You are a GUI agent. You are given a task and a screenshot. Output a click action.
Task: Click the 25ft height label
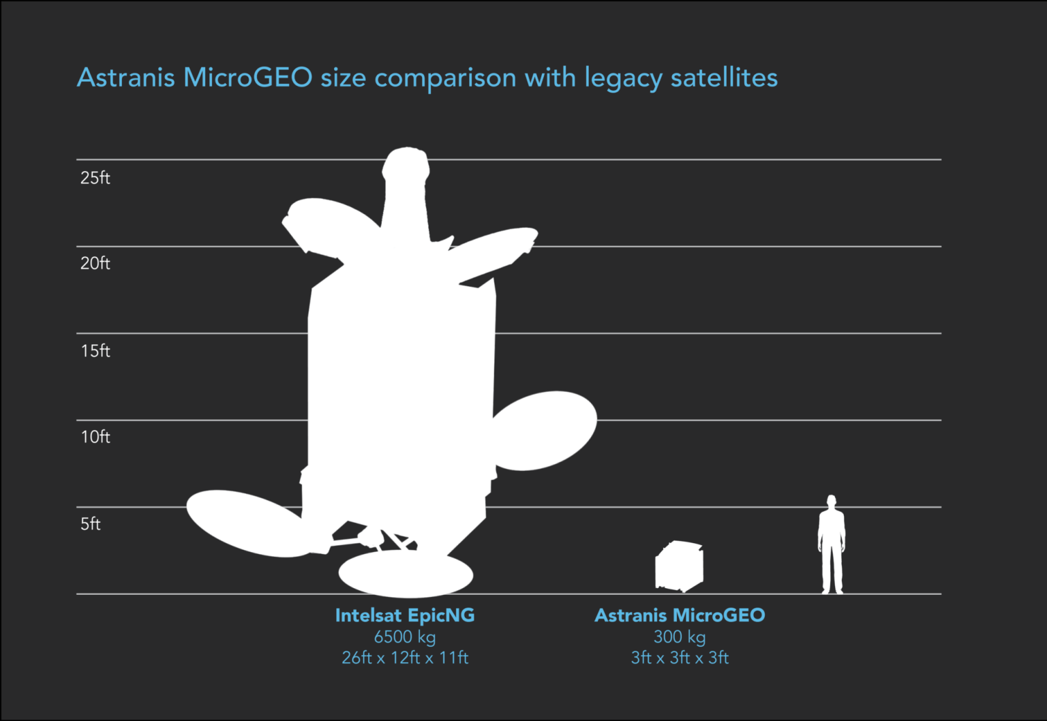(95, 178)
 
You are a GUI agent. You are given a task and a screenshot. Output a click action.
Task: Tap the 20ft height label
(95, 264)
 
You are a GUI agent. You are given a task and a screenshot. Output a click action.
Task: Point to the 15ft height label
(95, 351)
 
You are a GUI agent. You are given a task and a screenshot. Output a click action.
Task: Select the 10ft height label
(95, 437)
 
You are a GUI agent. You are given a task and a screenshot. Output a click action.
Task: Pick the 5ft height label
(90, 524)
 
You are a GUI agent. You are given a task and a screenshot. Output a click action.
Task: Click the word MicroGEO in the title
(247, 77)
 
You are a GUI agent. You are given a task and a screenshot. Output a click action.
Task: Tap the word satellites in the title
(724, 77)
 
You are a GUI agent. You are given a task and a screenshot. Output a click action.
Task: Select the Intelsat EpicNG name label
(405, 615)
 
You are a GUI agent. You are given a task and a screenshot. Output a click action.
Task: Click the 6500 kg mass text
(405, 637)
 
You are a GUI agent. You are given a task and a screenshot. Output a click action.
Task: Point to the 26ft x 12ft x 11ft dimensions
(405, 658)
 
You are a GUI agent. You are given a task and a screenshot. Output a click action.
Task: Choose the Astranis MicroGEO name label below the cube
(680, 615)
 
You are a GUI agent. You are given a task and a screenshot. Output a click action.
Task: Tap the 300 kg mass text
(680, 637)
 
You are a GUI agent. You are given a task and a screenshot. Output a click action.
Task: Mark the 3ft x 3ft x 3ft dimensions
(680, 658)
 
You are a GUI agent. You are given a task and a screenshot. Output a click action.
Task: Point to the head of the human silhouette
(831, 502)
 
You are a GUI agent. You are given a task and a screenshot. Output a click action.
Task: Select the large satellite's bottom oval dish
(406, 574)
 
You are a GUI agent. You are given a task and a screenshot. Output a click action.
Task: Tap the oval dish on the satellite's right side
(545, 430)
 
